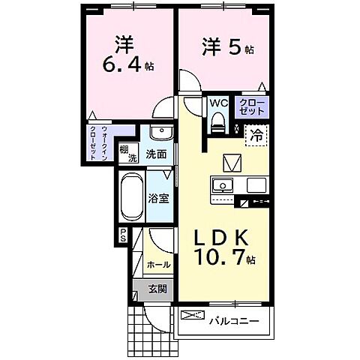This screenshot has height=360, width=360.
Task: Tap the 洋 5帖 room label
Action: pos(225,47)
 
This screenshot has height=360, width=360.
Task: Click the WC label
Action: pos(219,103)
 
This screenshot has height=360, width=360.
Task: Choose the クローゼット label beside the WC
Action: pos(250,106)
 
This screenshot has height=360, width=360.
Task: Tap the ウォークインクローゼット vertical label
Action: pos(100,144)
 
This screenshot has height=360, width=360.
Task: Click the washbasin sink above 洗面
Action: pos(158,133)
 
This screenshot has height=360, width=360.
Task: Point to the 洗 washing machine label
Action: pos(131,160)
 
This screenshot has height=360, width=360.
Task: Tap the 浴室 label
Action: pos(158,199)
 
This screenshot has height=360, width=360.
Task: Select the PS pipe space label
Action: pos(123,237)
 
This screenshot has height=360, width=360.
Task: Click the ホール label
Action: pos(157,265)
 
